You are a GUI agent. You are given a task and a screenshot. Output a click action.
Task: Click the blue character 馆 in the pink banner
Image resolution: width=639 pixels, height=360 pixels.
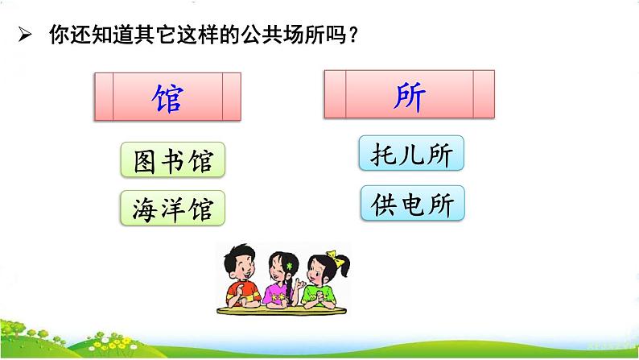pos(167,98)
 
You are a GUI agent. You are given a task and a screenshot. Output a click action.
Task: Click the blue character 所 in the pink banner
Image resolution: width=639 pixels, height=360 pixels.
pos(411,97)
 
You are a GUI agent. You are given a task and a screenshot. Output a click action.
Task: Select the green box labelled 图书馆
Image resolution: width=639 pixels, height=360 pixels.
pos(172,160)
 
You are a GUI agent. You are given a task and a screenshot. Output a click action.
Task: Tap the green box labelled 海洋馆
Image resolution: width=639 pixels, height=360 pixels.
pos(172,209)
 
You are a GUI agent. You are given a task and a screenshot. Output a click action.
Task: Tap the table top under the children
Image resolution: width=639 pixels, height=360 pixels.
pos(286,311)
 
